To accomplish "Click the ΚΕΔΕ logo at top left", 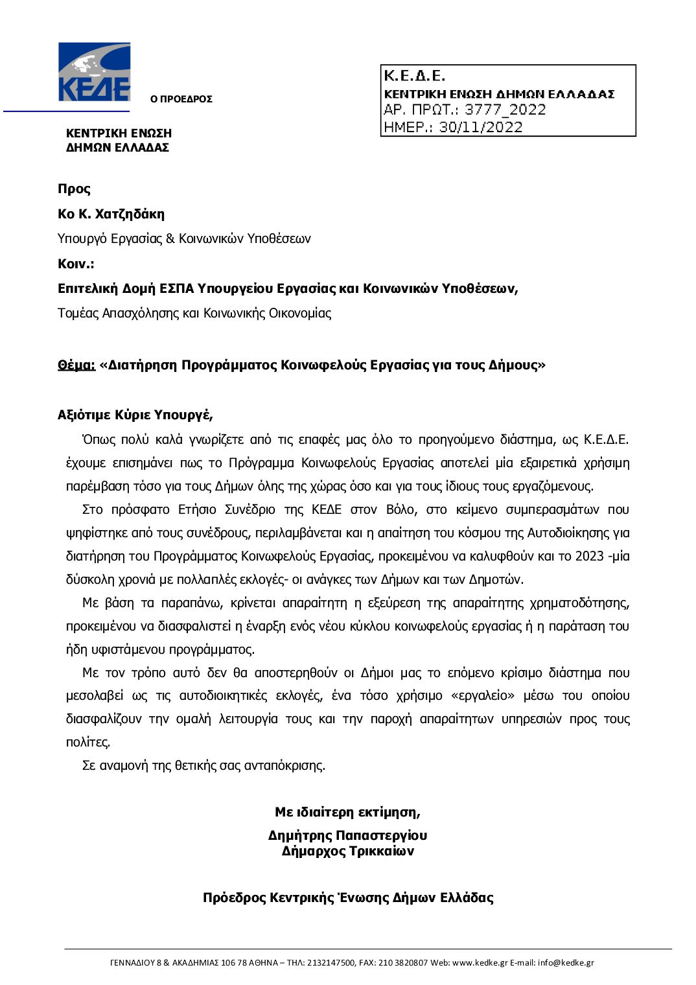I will (94, 72).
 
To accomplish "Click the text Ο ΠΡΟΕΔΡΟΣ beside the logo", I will (181, 99).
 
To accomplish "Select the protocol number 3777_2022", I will (505, 110).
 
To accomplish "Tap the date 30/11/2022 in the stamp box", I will (480, 127).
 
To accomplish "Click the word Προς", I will (74, 189).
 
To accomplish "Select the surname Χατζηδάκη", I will (130, 214).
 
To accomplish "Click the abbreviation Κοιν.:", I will (76, 264).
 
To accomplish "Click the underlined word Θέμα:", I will (76, 365).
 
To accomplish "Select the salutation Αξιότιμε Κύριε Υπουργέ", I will (135, 415).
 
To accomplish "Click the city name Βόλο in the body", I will (400, 509).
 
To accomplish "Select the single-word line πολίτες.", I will (88, 742).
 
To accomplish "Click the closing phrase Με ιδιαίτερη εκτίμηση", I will (347, 812).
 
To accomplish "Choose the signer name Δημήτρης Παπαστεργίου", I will (347, 835).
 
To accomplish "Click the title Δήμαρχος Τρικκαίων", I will (347, 851).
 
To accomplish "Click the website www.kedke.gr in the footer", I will (480, 962).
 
